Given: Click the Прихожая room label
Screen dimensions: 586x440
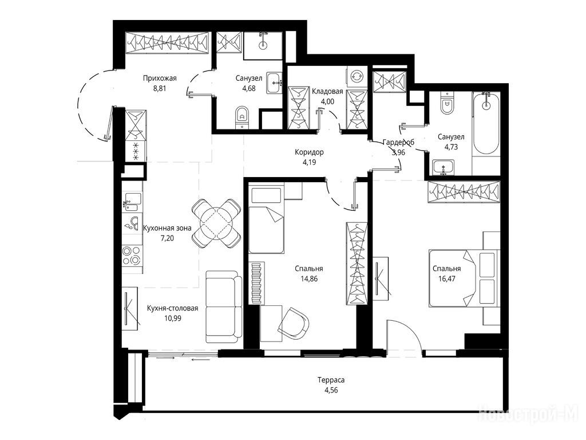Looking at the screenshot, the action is pos(160,78).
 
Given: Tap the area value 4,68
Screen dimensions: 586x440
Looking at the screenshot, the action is pos(248,89).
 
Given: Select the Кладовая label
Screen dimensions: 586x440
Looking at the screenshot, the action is pos(327,91).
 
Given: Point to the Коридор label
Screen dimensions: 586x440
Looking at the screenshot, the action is pos(309,152).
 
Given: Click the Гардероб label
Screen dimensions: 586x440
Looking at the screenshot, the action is pos(398,142).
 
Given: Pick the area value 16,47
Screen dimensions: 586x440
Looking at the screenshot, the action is pos(446,278).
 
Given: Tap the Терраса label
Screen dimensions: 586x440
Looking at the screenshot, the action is pos(331,380).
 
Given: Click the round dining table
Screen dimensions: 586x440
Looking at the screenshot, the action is pos(216,223).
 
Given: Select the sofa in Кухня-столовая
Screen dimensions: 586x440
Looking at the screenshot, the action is pos(224,306).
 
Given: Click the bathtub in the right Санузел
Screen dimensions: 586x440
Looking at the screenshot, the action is pos(485,123).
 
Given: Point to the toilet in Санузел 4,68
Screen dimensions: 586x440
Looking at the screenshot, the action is pos(242,117).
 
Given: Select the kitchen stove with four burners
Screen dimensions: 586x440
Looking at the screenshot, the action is pos(132,256).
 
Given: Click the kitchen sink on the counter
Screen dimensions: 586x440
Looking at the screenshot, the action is pos(132,202).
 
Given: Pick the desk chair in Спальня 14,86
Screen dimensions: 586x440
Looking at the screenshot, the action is pos(294,322).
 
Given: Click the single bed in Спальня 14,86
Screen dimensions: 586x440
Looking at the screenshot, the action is pos(266,220).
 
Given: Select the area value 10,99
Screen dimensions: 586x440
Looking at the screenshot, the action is pos(172,318).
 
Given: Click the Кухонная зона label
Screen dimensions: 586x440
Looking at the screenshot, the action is pos(167,228).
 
